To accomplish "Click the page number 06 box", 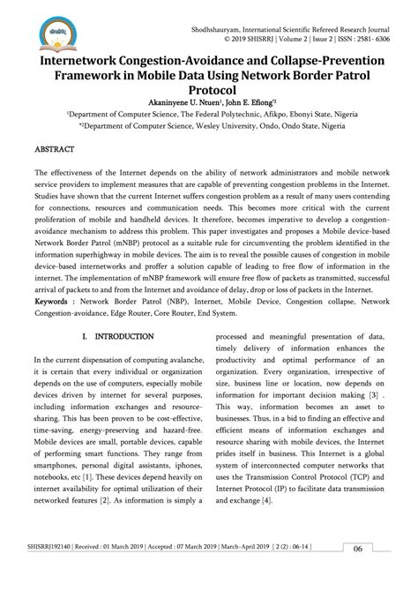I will click(359, 572).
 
